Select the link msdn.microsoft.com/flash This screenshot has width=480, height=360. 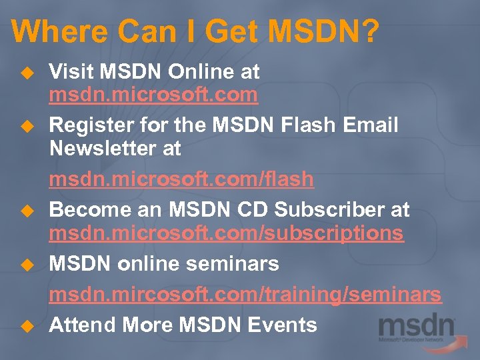coord(181,179)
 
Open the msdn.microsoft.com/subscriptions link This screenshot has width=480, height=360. coord(227,233)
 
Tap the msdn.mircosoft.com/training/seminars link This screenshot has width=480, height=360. coord(245,294)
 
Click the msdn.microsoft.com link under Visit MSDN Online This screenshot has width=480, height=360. coord(153,95)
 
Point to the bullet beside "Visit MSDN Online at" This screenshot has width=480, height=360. coord(26,71)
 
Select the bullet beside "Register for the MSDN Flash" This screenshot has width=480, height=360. coord(26,125)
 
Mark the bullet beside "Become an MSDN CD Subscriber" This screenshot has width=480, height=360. coord(26,211)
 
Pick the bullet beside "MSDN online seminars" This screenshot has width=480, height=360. coord(26,265)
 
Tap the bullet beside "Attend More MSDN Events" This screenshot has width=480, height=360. coord(26,325)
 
